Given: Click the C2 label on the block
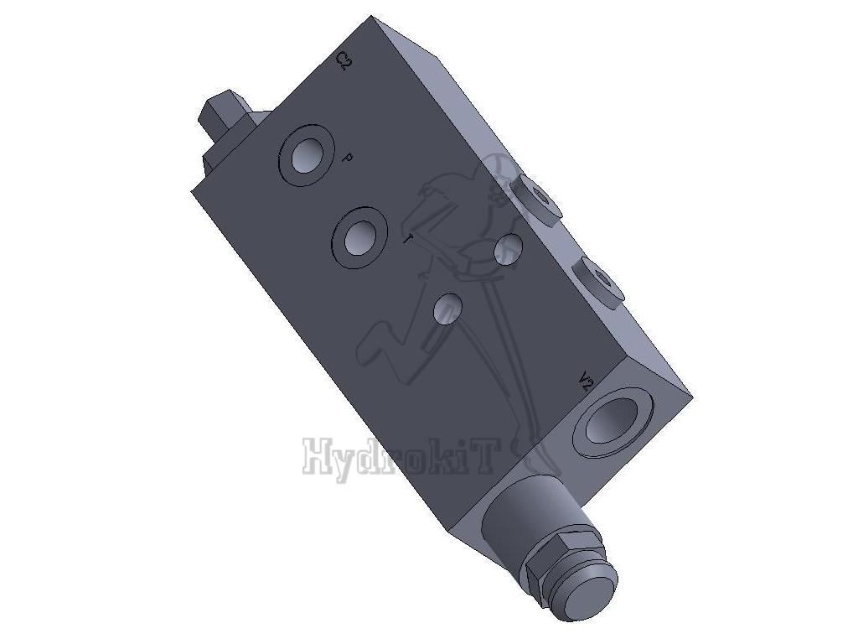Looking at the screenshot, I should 343,61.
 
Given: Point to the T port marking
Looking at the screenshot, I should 407,241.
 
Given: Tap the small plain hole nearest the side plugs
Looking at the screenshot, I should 509,247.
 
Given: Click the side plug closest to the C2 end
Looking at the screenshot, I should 536,198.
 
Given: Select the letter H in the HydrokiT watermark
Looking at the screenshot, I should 318,458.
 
